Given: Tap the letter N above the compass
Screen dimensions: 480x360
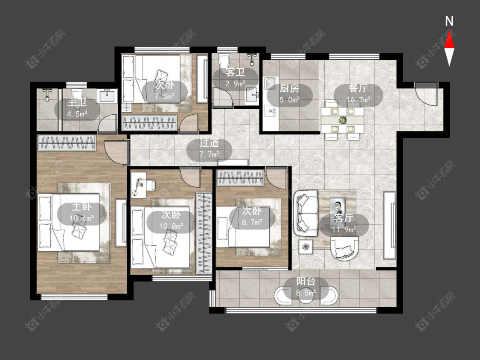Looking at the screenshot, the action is (449, 21).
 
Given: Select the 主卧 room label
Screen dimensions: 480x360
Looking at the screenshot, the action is (81, 207).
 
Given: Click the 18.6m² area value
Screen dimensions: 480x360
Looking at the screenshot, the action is (81, 218).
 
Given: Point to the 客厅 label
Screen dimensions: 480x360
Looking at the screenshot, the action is (343, 218).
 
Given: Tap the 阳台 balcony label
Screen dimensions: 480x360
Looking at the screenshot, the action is (305, 282).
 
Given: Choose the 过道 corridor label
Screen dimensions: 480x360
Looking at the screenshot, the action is (209, 143).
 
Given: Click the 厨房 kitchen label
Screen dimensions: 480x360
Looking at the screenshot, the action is (289, 88).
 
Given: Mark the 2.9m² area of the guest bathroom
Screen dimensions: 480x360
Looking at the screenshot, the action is (235, 83).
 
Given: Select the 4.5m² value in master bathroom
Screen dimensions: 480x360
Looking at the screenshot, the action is (77, 114).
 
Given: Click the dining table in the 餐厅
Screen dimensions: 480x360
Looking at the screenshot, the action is (342, 120).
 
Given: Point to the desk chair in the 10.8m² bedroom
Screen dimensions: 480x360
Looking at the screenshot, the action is (151, 185).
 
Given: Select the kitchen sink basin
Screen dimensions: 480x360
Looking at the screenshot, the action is (270, 83).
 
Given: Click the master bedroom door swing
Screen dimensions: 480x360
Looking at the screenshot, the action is (116, 152).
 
